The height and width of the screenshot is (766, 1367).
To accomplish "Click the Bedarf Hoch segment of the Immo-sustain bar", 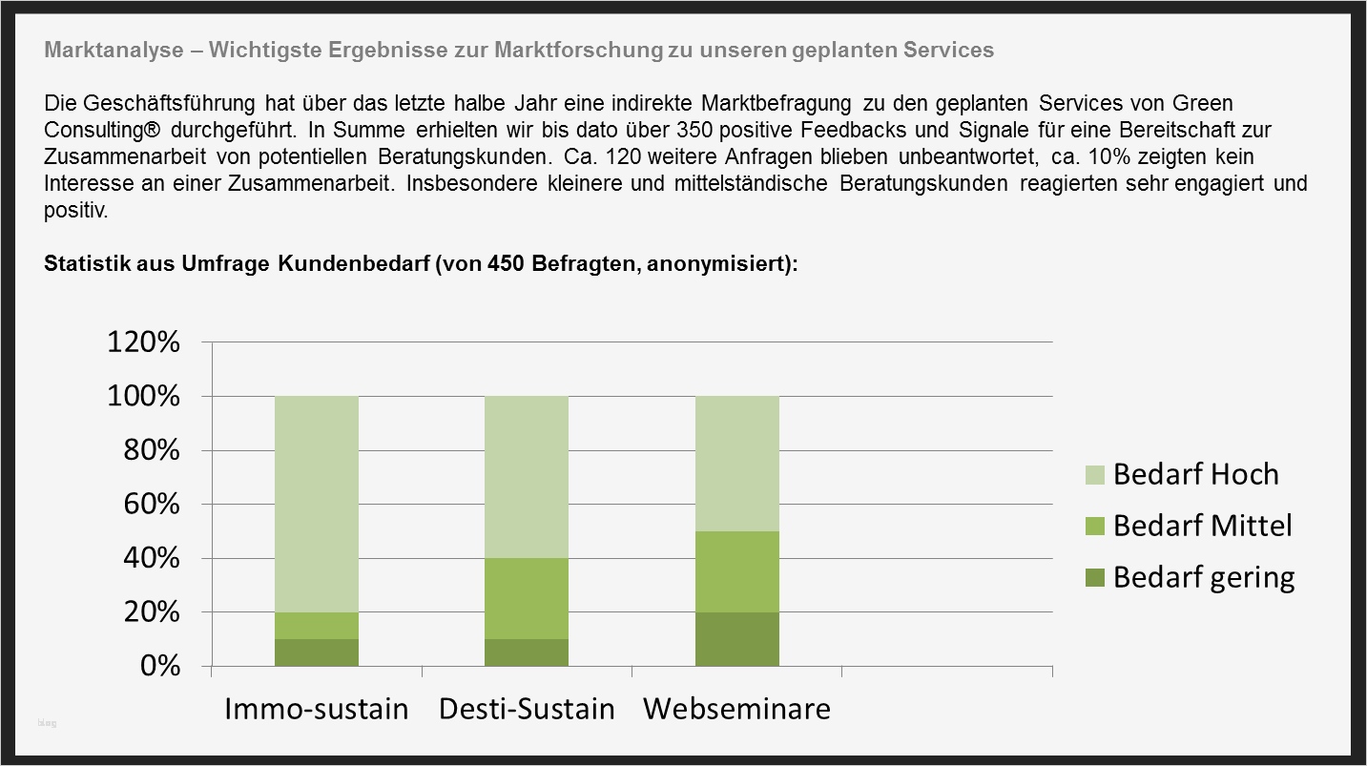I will coord(317,504).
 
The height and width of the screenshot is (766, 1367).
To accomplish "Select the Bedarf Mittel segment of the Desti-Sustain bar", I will coord(527,598).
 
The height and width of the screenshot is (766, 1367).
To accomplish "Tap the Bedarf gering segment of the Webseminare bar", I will coord(737,638).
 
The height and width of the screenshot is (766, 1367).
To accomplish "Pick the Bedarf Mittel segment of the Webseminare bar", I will coord(737,571).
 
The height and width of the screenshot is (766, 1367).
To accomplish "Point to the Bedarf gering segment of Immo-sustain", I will coord(317,652).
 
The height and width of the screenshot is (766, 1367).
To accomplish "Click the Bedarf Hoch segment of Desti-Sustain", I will coord(527,477).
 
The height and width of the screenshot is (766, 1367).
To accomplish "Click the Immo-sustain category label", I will coord(317,710).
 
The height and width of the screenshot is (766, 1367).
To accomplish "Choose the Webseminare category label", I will coord(736,710).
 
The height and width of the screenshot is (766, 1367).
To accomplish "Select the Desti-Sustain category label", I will coord(527,710).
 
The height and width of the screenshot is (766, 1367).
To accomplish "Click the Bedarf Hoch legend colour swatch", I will coord(1095,474).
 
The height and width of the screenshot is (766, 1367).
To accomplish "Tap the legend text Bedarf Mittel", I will coord(1202,526).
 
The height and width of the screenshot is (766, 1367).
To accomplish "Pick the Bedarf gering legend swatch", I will coord(1095,577).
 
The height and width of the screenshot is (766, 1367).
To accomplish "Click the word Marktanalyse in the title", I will coord(113,51).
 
